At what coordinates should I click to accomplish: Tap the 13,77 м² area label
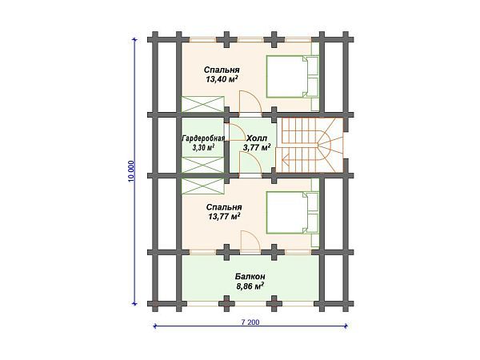pyautogui.click(x=225, y=216)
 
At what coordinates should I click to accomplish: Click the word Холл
pyautogui.click(x=257, y=137)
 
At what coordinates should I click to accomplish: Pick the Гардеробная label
pyautogui.click(x=203, y=138)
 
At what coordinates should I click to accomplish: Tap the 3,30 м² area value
pyautogui.click(x=203, y=148)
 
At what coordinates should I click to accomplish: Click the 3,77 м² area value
pyautogui.click(x=257, y=147)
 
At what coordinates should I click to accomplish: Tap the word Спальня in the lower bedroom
pyautogui.click(x=225, y=206)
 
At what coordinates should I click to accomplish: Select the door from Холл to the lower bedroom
pyautogui.click(x=248, y=163)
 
